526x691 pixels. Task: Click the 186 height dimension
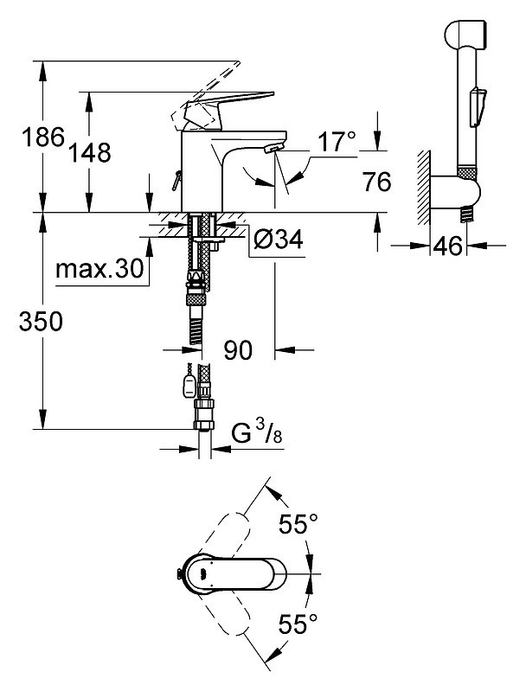(x=43, y=137)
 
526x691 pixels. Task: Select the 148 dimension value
(x=90, y=153)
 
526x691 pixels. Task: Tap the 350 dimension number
(x=41, y=321)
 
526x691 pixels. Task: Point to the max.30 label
(x=100, y=268)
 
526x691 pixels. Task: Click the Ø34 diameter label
(x=279, y=240)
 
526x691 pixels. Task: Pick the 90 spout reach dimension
(x=238, y=350)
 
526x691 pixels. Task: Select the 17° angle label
(x=337, y=142)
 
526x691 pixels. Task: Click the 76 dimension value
(x=377, y=182)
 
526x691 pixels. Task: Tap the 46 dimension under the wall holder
(x=447, y=246)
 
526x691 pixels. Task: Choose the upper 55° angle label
(x=298, y=524)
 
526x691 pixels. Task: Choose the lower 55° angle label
(x=298, y=624)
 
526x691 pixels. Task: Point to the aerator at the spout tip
(x=273, y=149)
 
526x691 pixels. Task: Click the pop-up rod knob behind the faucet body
(x=176, y=180)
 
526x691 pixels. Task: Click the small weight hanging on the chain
(x=189, y=385)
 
